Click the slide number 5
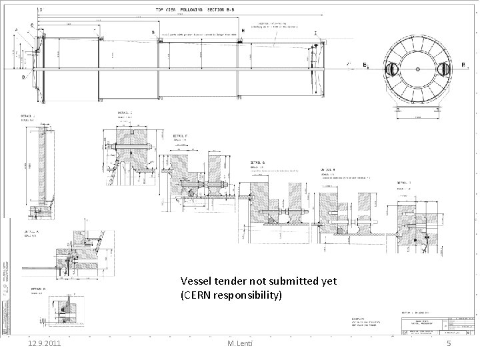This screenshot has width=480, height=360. (449, 344)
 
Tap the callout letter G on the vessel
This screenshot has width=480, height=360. (153, 32)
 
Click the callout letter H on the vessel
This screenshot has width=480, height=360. (243, 31)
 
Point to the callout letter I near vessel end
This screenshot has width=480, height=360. (315, 33)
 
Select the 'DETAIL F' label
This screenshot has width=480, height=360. (179, 135)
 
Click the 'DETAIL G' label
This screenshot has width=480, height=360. (259, 162)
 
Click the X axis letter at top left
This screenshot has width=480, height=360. (41, 10)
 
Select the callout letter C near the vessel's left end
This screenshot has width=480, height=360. (33, 25)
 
